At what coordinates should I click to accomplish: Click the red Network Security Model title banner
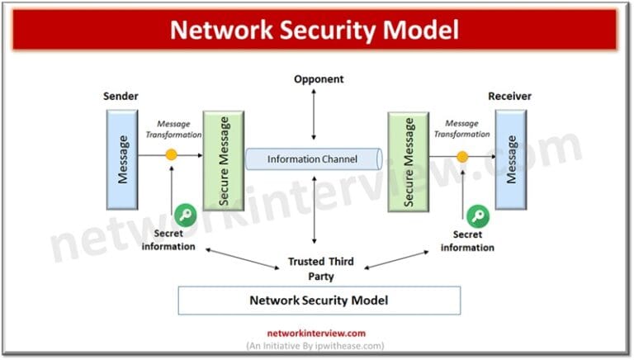(315, 30)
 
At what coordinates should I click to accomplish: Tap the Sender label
(121, 96)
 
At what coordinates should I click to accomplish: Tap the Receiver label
(509, 96)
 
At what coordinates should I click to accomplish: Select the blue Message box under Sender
(121, 159)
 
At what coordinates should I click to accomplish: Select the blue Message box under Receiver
(511, 159)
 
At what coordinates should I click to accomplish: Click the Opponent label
(318, 79)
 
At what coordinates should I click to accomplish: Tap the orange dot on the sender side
(171, 154)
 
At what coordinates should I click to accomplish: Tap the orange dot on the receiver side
(462, 155)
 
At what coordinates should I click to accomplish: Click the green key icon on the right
(476, 217)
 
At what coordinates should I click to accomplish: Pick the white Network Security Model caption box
(319, 301)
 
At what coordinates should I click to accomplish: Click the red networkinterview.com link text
(316, 334)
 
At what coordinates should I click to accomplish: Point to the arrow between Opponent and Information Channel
(314, 114)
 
